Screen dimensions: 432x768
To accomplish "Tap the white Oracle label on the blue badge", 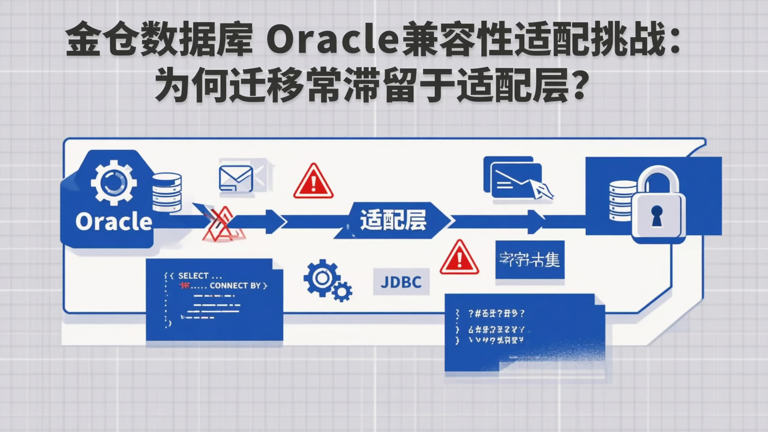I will click(114, 221).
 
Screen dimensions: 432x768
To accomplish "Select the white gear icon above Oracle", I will click(113, 183).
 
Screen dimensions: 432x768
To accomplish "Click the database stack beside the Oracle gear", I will click(167, 192).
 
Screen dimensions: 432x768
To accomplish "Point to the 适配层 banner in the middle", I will click(393, 220).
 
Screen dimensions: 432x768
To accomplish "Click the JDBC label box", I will click(401, 282).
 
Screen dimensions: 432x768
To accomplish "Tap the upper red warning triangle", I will click(313, 182).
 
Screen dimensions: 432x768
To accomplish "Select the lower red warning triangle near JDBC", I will click(459, 259).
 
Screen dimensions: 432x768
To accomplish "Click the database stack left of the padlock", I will click(622, 201).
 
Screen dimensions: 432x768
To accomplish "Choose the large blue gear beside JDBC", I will click(321, 277).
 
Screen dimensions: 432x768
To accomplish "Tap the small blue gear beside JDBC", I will click(341, 291).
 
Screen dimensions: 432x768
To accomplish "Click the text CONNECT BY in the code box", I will click(235, 286).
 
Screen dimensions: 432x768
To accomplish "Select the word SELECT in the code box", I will click(193, 276).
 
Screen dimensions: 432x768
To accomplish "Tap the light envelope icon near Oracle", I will click(236, 178).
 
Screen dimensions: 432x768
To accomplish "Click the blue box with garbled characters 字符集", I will click(529, 260).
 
